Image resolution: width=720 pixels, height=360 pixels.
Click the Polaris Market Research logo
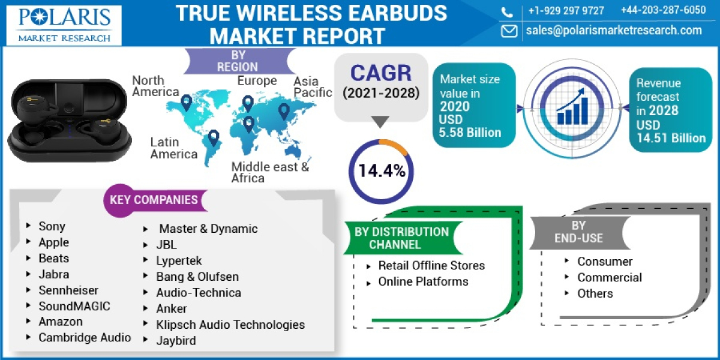64,25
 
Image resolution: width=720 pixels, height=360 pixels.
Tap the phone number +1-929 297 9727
566,10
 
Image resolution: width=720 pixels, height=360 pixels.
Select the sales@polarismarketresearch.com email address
614,31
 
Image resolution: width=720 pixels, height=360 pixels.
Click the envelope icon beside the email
509,31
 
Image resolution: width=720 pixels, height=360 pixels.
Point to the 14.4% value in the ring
382,171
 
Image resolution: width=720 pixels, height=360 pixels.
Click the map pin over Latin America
213,137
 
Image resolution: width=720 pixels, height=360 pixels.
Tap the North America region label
155,86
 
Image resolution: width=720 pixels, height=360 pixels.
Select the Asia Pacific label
313,86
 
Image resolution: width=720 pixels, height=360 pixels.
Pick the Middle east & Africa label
270,172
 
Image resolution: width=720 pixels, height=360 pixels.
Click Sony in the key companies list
52,226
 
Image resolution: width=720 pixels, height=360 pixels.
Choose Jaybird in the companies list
176,341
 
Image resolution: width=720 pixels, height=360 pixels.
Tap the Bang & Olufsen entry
197,277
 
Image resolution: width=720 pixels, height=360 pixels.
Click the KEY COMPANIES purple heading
153,200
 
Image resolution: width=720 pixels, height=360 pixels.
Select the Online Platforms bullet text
423,281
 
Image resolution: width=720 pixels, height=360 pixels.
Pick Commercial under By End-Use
610,277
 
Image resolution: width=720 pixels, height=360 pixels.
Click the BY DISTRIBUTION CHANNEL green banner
401,238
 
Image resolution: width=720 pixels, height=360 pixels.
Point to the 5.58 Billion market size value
470,133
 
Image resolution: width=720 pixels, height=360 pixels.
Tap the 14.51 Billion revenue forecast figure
667,138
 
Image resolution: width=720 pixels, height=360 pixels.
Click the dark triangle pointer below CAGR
380,122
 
